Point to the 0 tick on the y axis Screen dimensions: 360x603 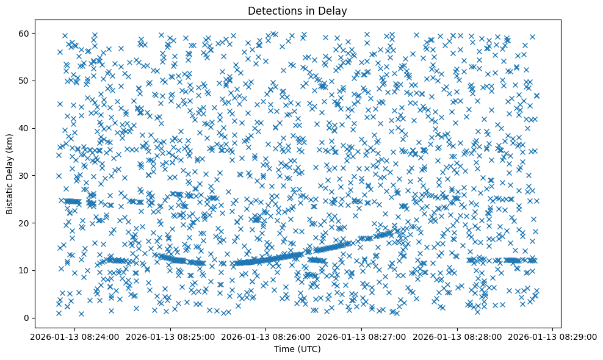(25, 318)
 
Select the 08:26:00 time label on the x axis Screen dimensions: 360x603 (265, 336)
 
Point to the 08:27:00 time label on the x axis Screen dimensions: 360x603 (361, 336)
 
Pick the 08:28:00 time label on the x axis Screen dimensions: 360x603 (457, 336)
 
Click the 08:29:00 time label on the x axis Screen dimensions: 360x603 (553, 336)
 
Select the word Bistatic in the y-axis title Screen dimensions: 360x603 (10, 195)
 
